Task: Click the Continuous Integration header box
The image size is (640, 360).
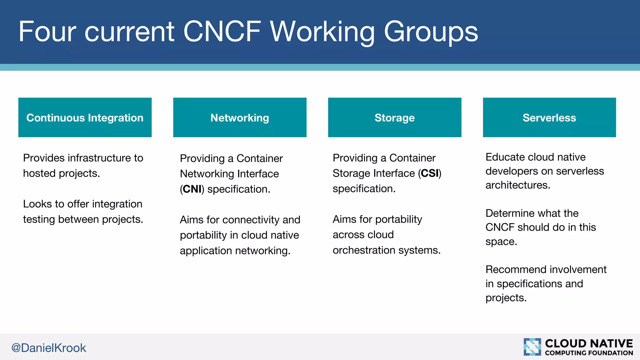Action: tap(85, 117)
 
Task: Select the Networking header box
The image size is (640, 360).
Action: tap(240, 117)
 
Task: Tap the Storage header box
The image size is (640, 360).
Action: tap(394, 117)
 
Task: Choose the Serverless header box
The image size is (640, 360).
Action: tap(549, 117)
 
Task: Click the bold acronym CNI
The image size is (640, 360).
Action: tap(192, 189)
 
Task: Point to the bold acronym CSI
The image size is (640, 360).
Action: tap(430, 173)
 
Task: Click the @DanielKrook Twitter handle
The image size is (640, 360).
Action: tap(48, 348)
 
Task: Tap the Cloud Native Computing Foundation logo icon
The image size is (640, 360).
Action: tap(532, 347)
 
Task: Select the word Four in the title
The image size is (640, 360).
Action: tap(47, 32)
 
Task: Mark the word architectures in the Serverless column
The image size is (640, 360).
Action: tap(517, 185)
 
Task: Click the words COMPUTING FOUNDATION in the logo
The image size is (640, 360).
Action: tap(589, 353)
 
